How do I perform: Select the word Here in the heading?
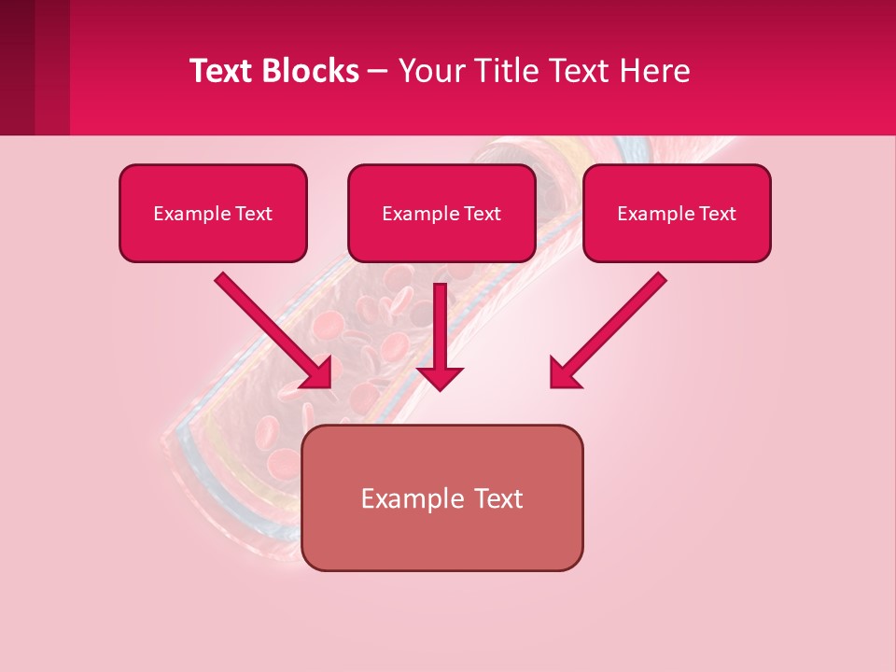pyautogui.click(x=658, y=71)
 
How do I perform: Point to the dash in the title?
pyautogui.click(x=379, y=72)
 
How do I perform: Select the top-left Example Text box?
pyautogui.click(x=213, y=213)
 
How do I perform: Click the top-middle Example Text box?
pyautogui.click(x=441, y=213)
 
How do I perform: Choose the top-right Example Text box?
pyautogui.click(x=677, y=213)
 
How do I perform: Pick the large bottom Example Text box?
pyautogui.click(x=441, y=497)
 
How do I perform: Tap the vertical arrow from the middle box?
pyautogui.click(x=440, y=327)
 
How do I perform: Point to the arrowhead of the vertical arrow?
pyautogui.click(x=440, y=377)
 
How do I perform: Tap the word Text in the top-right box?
pyautogui.click(x=718, y=213)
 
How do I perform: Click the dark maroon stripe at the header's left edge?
pyautogui.click(x=17, y=67)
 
